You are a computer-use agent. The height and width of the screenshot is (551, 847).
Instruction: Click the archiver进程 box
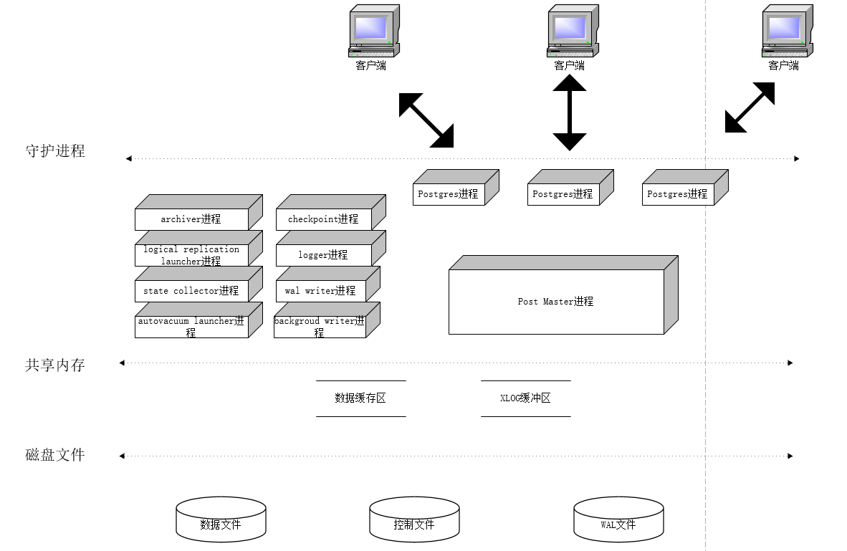click(x=191, y=219)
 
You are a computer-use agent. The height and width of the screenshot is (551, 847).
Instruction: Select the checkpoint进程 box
click(x=323, y=219)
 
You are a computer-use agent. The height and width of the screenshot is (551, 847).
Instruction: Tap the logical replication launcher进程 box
click(x=191, y=255)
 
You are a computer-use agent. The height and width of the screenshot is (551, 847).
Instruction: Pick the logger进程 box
click(x=323, y=255)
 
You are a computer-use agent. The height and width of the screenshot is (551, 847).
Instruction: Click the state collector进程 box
click(x=191, y=291)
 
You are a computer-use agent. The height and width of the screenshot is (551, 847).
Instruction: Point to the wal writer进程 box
click(x=320, y=291)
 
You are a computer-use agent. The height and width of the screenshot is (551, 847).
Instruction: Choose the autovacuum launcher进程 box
click(x=191, y=326)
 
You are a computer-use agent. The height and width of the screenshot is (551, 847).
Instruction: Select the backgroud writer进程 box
click(x=320, y=326)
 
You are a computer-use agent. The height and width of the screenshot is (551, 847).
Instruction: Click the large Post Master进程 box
click(x=556, y=302)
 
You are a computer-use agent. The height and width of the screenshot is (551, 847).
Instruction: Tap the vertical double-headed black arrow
click(x=570, y=112)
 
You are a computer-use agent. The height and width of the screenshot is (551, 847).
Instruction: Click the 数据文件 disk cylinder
click(x=221, y=520)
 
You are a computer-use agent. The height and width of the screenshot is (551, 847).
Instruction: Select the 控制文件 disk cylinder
click(x=414, y=520)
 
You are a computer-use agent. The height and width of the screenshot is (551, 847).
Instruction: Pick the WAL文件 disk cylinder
click(x=618, y=520)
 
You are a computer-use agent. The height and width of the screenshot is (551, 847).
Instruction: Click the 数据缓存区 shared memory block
click(x=360, y=398)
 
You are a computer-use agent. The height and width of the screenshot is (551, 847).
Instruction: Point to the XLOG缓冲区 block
click(x=525, y=398)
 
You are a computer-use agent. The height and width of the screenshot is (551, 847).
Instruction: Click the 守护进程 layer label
click(x=55, y=151)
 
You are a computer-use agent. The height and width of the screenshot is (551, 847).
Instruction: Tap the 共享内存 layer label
click(x=55, y=365)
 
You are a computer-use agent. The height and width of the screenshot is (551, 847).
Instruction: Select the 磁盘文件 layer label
click(x=55, y=455)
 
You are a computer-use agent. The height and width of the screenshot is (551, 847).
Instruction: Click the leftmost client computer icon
click(x=373, y=32)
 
